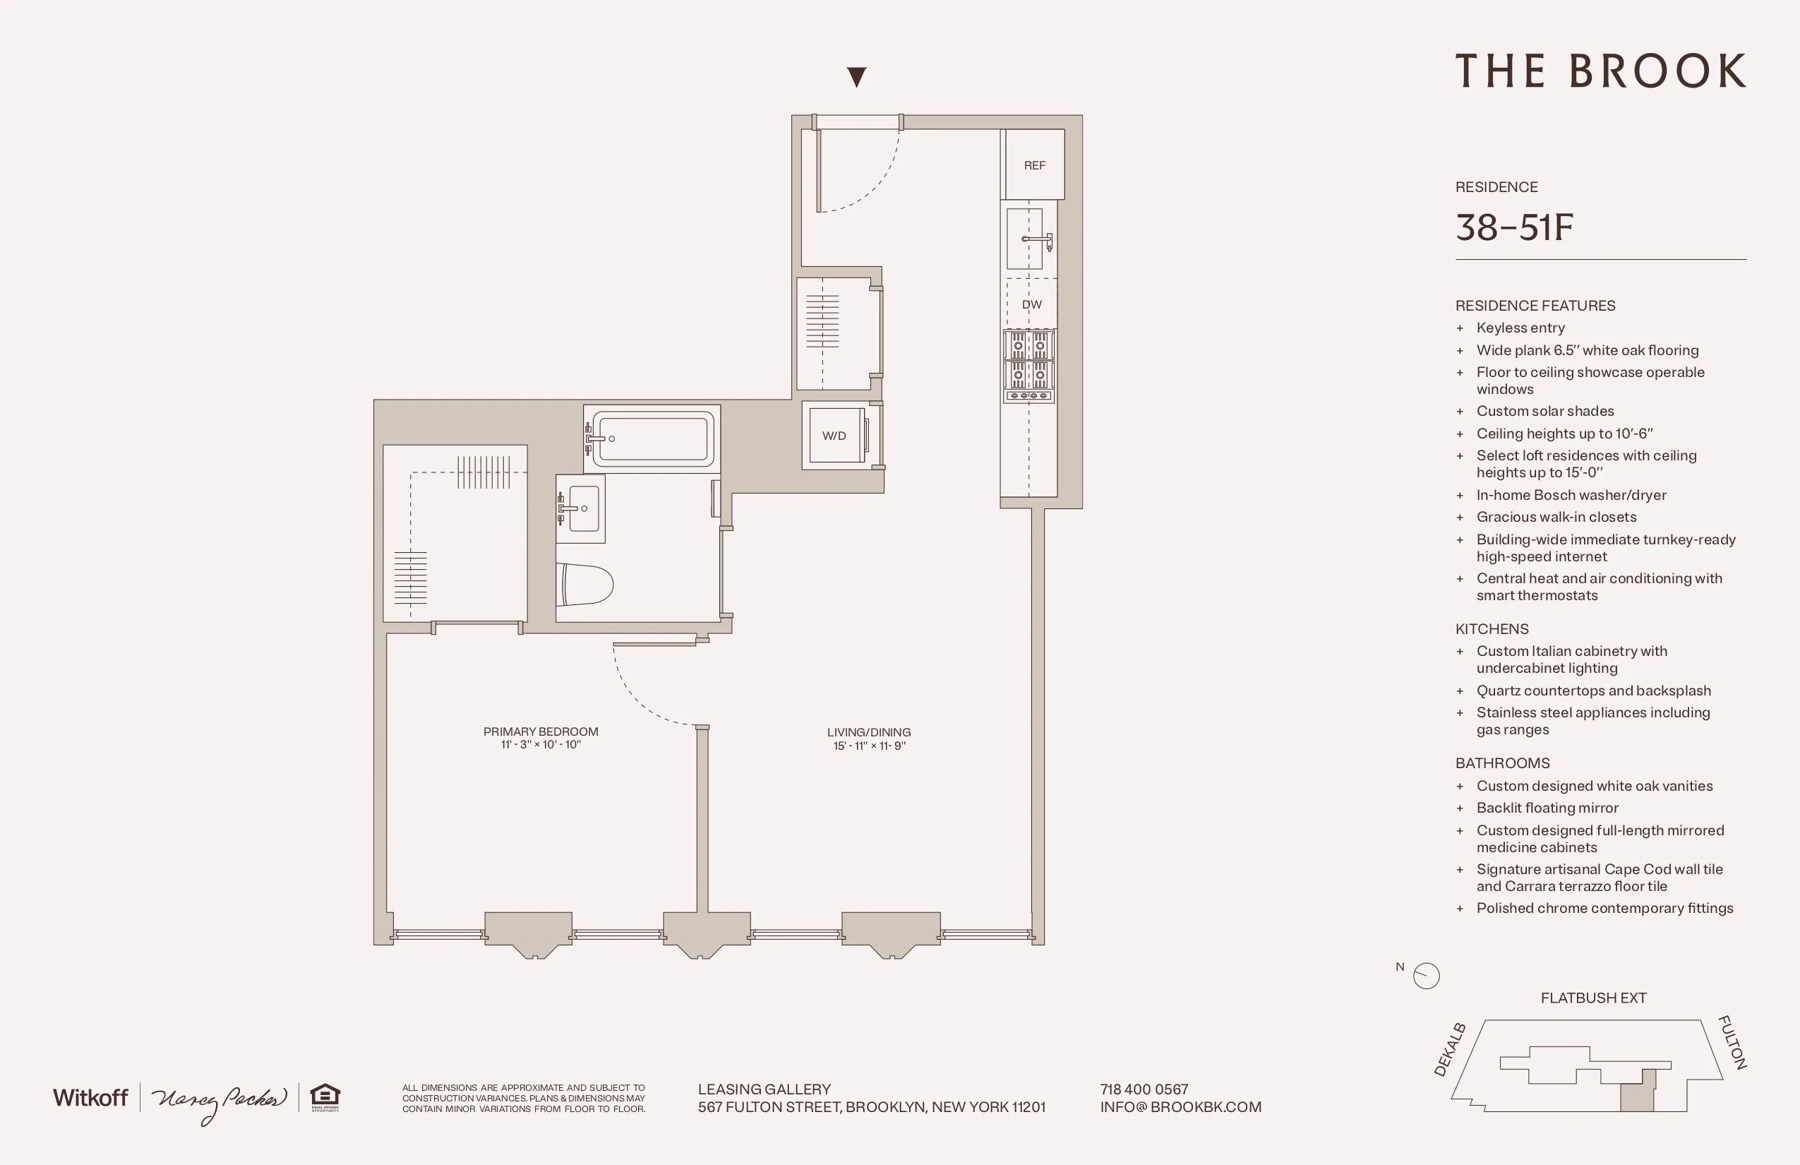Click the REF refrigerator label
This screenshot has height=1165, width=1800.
[x=1034, y=165]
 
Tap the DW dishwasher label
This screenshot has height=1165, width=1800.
[x=1031, y=304]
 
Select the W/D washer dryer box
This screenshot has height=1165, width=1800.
[x=835, y=436]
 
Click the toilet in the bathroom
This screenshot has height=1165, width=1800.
[x=584, y=585]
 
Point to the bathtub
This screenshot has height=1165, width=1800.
[x=653, y=438]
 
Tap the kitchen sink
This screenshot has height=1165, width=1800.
[x=1026, y=239]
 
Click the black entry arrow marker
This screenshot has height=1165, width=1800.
[x=856, y=76]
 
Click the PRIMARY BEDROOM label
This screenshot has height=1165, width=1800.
[x=541, y=731]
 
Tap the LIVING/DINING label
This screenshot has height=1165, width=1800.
[x=868, y=732]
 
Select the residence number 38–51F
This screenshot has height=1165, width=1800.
[x=1514, y=227]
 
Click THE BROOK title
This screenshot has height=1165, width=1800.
[x=1600, y=71]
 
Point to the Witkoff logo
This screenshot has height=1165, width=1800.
[x=90, y=1098]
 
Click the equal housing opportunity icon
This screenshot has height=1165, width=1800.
[x=325, y=1098]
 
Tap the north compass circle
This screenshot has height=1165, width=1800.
[x=1427, y=976]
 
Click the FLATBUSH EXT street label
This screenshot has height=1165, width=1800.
[x=1592, y=998]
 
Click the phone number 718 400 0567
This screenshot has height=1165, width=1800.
[x=1144, y=1089]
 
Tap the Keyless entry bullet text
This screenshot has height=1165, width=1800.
[x=1520, y=328]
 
